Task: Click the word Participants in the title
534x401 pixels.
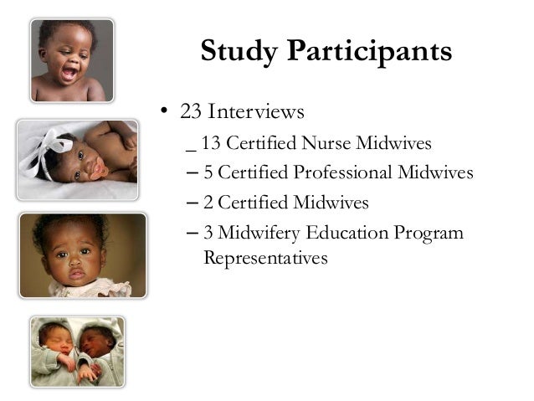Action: point(371,53)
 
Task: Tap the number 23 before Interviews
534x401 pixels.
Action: point(193,111)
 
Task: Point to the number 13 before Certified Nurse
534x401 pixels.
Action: point(211,143)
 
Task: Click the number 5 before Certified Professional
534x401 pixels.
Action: point(208,173)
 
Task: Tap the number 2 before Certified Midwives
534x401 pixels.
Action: point(208,203)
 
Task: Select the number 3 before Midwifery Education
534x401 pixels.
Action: point(208,232)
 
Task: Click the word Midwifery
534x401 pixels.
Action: point(255,232)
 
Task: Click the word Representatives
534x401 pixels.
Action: point(264,259)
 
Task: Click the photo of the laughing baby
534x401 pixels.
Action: point(72,60)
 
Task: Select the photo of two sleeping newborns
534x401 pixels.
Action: point(77,351)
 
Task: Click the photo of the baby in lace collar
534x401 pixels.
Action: point(82,254)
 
